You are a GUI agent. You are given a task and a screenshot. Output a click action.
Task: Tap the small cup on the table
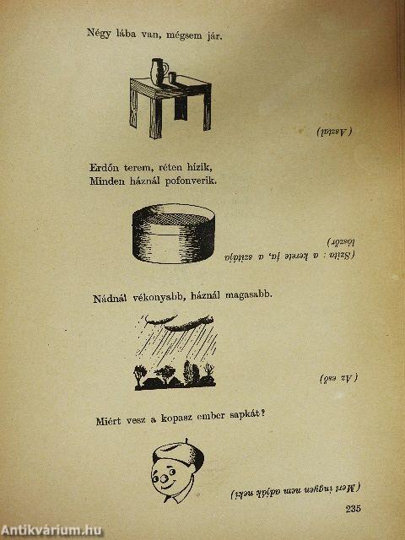[171, 78]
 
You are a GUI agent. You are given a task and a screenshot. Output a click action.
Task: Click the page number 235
[353, 507]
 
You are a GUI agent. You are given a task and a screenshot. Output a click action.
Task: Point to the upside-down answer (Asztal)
[335, 132]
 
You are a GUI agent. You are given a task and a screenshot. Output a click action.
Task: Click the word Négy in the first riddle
[100, 35]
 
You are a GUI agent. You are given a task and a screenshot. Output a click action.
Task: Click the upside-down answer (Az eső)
[337, 378]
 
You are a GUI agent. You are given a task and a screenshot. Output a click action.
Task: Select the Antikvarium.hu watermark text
[52, 529]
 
